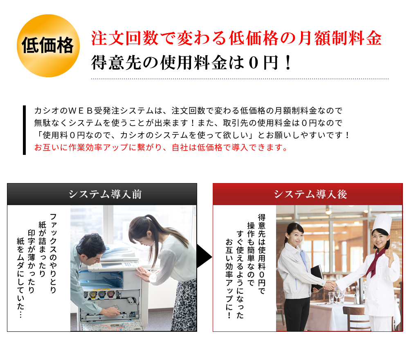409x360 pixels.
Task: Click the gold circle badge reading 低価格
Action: pyautogui.click(x=48, y=46)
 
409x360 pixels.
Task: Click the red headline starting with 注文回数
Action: pyautogui.click(x=236, y=38)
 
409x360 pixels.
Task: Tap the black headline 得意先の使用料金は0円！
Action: pyautogui.click(x=191, y=63)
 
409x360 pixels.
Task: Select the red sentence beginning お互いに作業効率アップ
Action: pyautogui.click(x=161, y=148)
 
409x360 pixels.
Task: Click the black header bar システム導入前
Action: pyautogui.click(x=102, y=194)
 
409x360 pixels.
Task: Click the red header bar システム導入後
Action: pyautogui.click(x=308, y=194)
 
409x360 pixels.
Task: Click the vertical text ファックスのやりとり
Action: pyautogui.click(x=53, y=253)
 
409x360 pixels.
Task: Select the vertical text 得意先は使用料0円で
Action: pyautogui.click(x=262, y=254)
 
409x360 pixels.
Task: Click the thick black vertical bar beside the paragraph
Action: pyautogui.click(x=24, y=130)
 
